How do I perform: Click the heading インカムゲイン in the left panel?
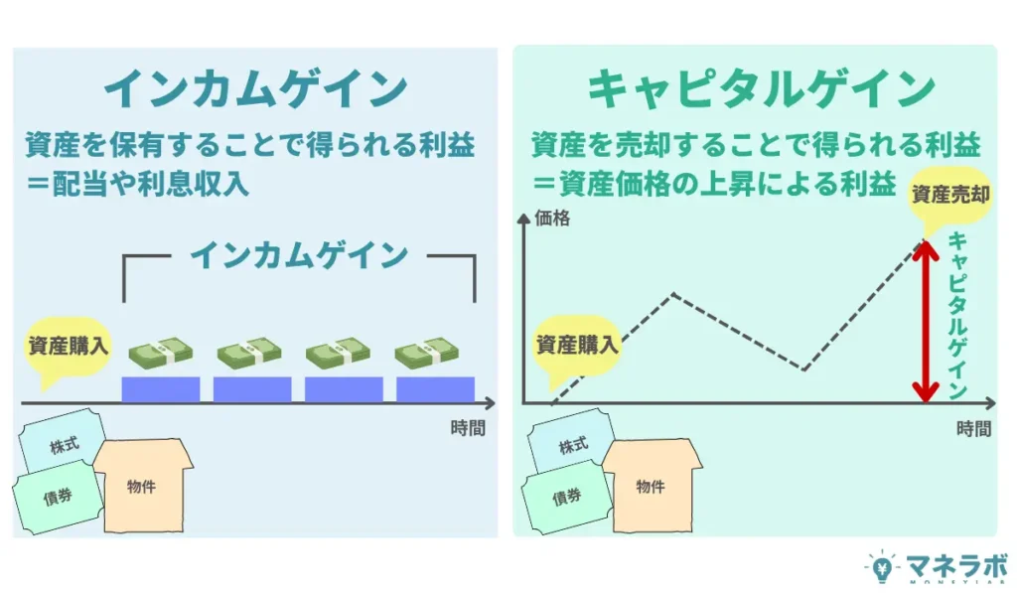[x=255, y=89]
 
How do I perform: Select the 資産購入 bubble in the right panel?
[x=577, y=346]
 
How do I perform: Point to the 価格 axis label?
[x=552, y=218]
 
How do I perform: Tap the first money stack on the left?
[x=159, y=353]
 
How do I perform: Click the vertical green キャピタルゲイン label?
[x=957, y=316]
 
